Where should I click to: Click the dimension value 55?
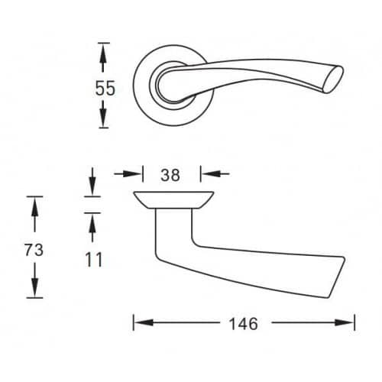[x=105, y=89]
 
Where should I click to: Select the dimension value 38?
[x=170, y=175]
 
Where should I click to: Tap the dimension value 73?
[x=34, y=250]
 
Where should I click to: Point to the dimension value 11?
[x=94, y=260]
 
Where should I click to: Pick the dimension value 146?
[x=244, y=324]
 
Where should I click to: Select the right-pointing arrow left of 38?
[x=128, y=174]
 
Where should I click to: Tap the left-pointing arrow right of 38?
[x=215, y=174]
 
